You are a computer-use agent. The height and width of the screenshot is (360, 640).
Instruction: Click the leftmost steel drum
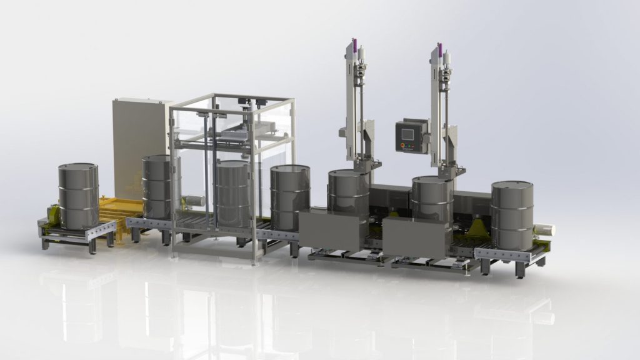78,196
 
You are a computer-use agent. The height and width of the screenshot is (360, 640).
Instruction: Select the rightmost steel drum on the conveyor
512,214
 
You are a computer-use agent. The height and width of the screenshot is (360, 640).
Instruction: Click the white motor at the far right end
545,230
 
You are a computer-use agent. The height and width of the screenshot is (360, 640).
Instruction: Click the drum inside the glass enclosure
232,193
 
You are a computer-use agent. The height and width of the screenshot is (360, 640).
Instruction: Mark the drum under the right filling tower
432,198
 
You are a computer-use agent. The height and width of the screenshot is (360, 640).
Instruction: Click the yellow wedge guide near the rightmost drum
478,227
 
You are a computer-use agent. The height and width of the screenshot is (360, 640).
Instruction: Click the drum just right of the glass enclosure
290,196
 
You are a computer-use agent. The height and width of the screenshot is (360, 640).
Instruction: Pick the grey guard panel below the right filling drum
417,238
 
